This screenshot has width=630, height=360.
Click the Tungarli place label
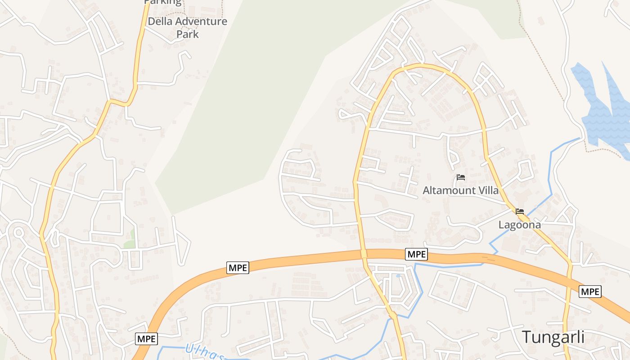553,337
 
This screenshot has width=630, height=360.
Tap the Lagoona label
520,224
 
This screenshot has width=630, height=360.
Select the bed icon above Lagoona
520,211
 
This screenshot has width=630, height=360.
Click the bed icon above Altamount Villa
460,177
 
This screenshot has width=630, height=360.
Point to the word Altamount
449,190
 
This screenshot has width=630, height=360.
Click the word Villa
488,190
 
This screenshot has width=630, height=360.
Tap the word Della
158,21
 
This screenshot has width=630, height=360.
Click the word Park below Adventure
187,34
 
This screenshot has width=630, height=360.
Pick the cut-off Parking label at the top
162,2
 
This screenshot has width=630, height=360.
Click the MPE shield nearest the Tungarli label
590,292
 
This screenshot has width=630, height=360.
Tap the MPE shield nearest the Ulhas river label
147,339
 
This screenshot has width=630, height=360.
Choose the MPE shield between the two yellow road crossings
416,254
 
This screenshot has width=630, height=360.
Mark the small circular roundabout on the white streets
18,233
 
